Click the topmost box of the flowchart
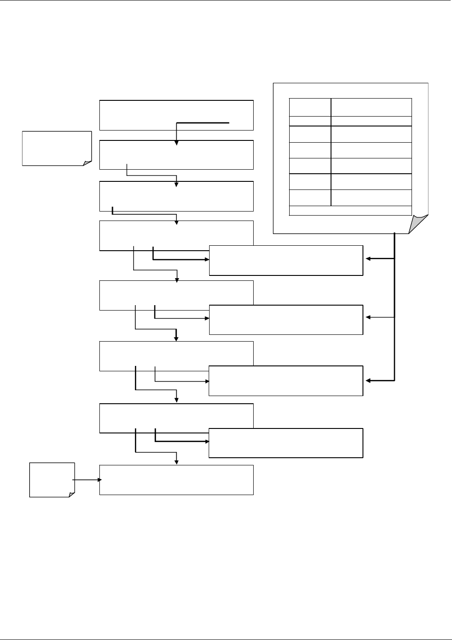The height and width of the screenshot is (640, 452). (x=176, y=110)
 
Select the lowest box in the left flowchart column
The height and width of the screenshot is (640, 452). (x=176, y=480)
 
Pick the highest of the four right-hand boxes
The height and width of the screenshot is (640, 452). (x=286, y=260)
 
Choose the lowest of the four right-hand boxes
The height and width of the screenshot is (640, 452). (x=286, y=443)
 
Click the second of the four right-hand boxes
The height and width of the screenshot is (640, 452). (x=286, y=320)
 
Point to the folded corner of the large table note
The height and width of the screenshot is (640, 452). (x=418, y=224)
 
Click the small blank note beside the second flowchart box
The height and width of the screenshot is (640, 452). (x=57, y=148)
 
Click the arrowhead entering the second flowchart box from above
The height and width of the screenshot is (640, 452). (x=177, y=142)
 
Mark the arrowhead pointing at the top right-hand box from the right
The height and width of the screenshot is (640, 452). (x=369, y=259)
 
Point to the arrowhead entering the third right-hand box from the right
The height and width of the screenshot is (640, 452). (x=369, y=381)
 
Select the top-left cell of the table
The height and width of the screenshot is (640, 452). (x=309, y=107)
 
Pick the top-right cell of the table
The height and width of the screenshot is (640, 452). (x=371, y=107)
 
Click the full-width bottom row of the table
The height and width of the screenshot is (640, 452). (x=350, y=211)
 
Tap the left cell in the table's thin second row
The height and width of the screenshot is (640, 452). (x=309, y=121)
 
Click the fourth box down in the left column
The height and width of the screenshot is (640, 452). (x=176, y=235)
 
